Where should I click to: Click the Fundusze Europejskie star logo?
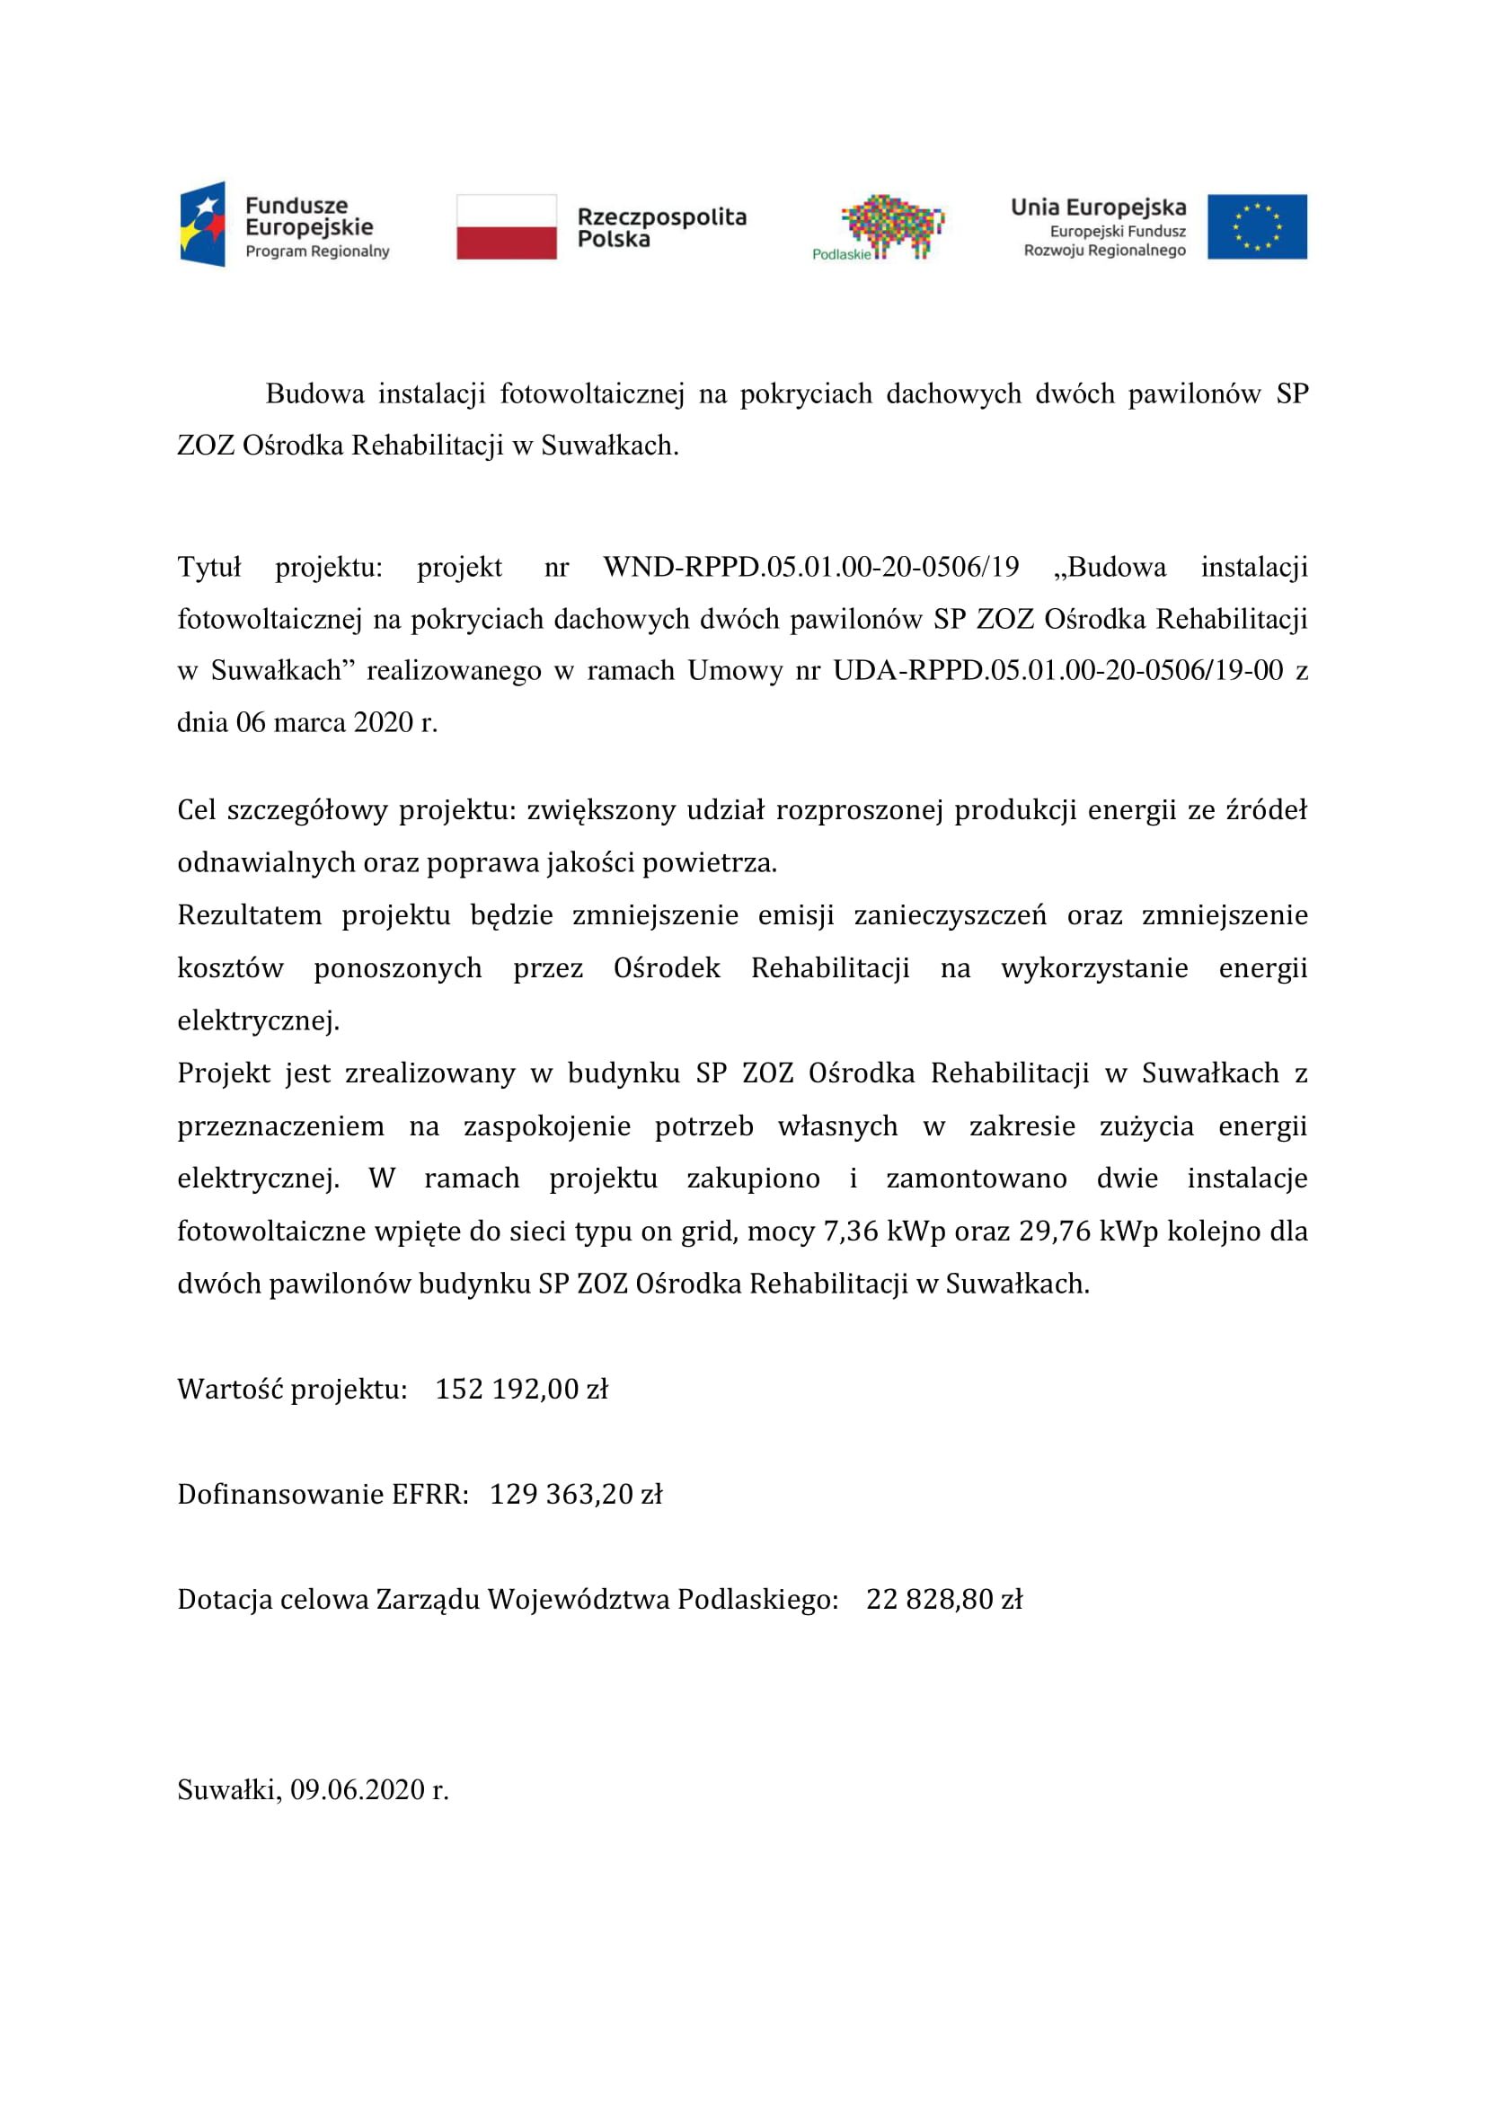click(202, 225)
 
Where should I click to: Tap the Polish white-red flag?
click(506, 226)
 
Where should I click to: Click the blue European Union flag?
click(1256, 226)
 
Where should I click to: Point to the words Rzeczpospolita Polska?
click(660, 228)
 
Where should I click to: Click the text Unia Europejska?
click(1097, 207)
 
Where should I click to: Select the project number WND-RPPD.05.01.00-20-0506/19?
click(810, 568)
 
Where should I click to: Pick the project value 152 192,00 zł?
click(522, 1389)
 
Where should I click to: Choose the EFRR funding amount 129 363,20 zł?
click(576, 1495)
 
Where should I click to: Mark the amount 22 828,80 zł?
click(943, 1600)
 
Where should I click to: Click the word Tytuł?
click(208, 568)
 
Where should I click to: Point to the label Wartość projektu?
click(292, 1389)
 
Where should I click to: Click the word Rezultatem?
click(249, 915)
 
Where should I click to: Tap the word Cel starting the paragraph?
click(196, 811)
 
